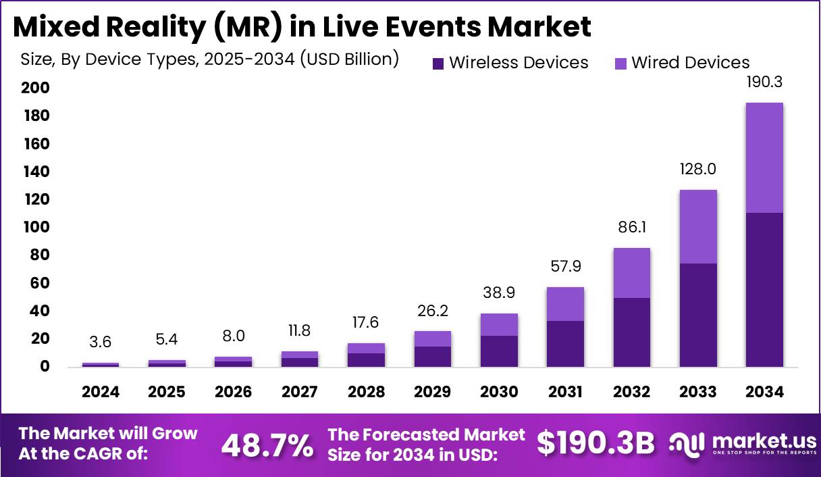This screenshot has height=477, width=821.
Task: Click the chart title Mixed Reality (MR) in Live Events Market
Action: tap(302, 26)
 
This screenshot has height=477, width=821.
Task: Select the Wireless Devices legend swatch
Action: tap(438, 64)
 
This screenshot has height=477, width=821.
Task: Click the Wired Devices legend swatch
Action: tap(620, 64)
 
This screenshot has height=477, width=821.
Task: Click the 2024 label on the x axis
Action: tap(101, 393)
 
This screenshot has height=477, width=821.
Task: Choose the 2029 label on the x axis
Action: tap(432, 393)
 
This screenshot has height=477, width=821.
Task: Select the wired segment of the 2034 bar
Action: tap(764, 157)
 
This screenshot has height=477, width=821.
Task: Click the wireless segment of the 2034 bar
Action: tap(764, 290)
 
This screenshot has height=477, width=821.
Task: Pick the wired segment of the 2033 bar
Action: tap(698, 226)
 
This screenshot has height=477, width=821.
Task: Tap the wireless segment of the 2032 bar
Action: tap(632, 332)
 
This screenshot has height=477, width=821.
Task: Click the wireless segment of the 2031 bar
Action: tap(565, 344)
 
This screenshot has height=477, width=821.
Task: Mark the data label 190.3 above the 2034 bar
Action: tap(764, 83)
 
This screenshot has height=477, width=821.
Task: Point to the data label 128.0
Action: tap(698, 170)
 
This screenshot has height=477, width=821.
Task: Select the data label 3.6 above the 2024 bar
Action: tap(101, 343)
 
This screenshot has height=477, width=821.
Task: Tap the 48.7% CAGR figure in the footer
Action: tap(267, 445)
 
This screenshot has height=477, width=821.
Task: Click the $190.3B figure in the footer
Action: tap(596, 444)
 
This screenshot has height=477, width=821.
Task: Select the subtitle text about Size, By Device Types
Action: tap(210, 59)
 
